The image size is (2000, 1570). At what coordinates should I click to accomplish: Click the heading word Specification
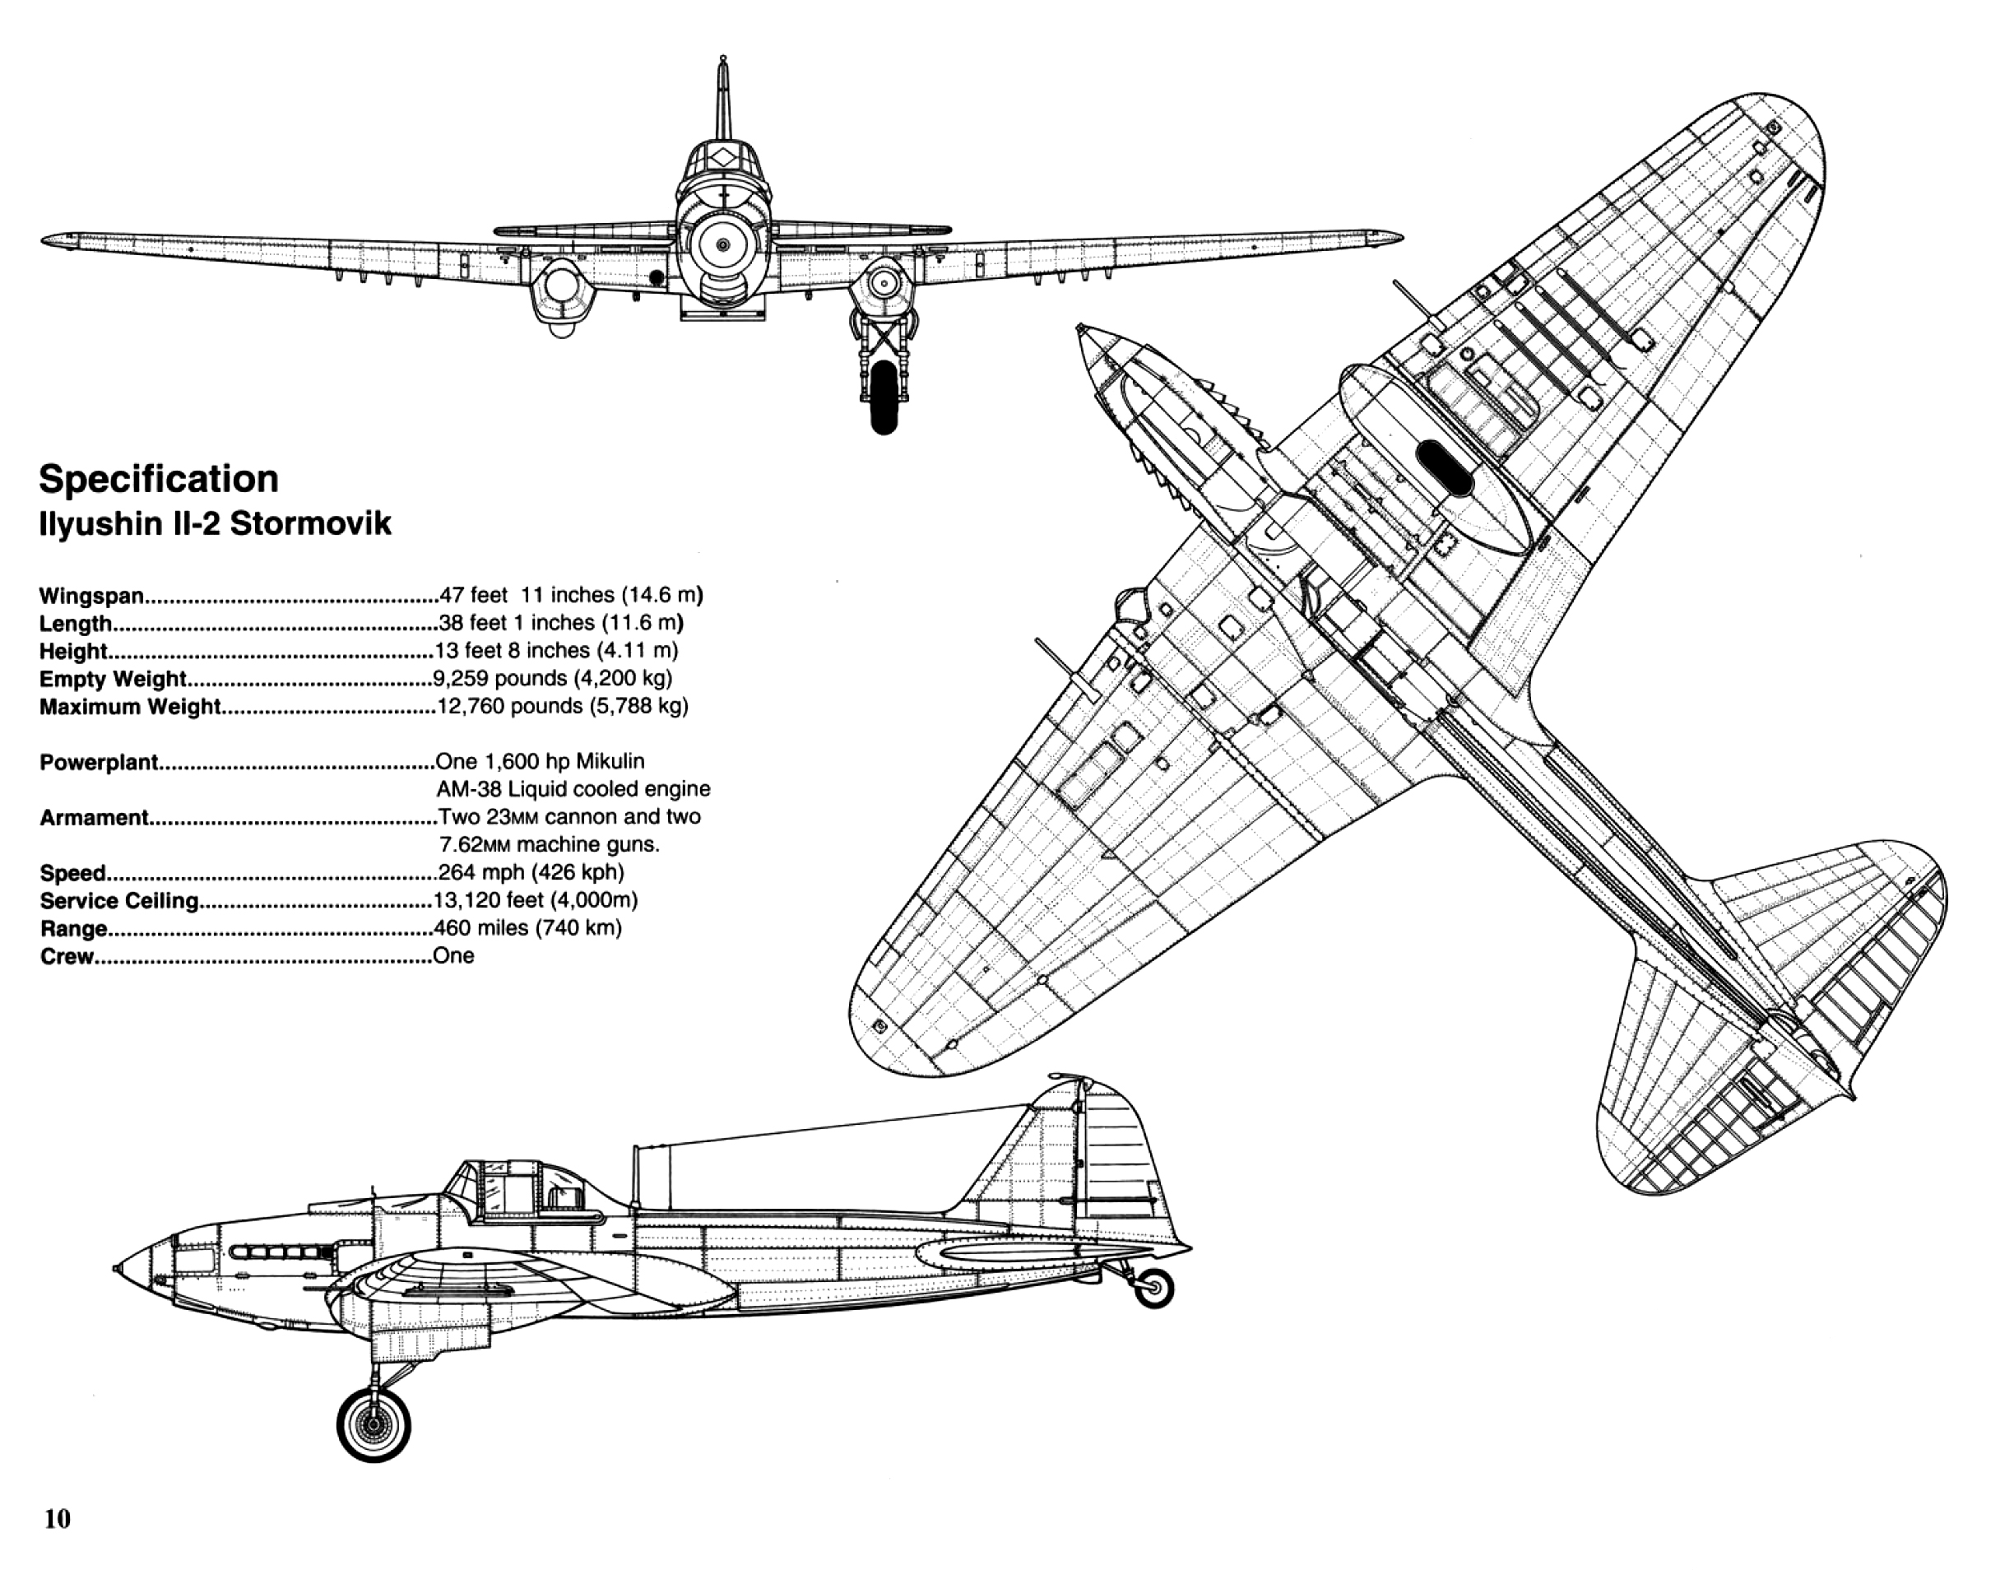click(x=158, y=480)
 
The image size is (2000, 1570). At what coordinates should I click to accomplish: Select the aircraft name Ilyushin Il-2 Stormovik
click(x=215, y=524)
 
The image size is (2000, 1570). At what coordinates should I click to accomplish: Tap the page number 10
click(x=57, y=1518)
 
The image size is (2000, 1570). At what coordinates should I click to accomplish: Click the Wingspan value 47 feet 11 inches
click(x=571, y=595)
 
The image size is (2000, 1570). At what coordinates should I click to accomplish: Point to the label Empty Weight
click(x=112, y=680)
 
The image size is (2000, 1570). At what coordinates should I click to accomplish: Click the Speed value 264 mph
click(x=531, y=871)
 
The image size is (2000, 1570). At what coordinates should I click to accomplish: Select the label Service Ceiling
click(x=119, y=901)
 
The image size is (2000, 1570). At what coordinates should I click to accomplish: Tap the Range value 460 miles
click(x=527, y=927)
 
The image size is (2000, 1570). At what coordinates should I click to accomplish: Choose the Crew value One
click(x=454, y=956)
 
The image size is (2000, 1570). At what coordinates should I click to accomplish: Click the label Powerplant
click(x=100, y=763)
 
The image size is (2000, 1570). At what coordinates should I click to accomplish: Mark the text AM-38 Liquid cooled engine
click(x=573, y=788)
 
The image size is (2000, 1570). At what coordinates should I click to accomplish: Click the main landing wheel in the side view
click(x=374, y=1424)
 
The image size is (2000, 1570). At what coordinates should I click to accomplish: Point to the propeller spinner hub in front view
click(x=723, y=244)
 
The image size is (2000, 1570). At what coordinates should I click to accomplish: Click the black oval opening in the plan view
click(x=1445, y=469)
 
